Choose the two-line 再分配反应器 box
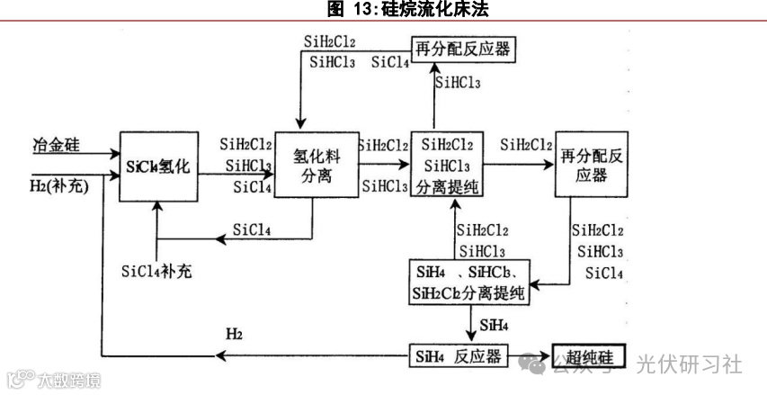[590, 165]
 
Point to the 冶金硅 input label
[56, 144]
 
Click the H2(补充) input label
[60, 186]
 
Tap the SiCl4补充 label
[158, 271]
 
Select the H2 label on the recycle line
[235, 335]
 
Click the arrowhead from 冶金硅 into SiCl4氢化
[113, 155]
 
